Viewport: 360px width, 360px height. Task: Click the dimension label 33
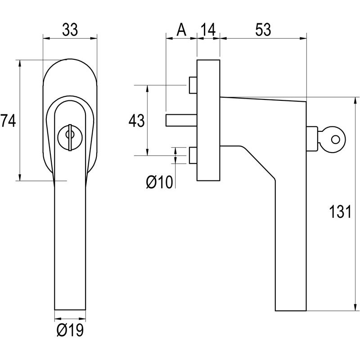pyautogui.click(x=70, y=30)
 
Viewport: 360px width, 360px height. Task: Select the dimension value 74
pyautogui.click(x=8, y=121)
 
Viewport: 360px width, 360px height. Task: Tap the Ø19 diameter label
pyautogui.click(x=70, y=331)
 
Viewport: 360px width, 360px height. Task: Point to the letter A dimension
pyautogui.click(x=181, y=30)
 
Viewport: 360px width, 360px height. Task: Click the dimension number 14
pyautogui.click(x=208, y=30)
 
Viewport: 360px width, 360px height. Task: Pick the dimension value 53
pyautogui.click(x=263, y=30)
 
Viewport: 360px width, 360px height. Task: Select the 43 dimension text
pyautogui.click(x=136, y=121)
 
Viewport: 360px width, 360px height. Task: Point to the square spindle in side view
pyautogui.click(x=180, y=121)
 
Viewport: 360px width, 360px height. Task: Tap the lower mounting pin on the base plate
pyautogui.click(x=193, y=155)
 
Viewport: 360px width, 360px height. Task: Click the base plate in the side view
pyautogui.click(x=208, y=119)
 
